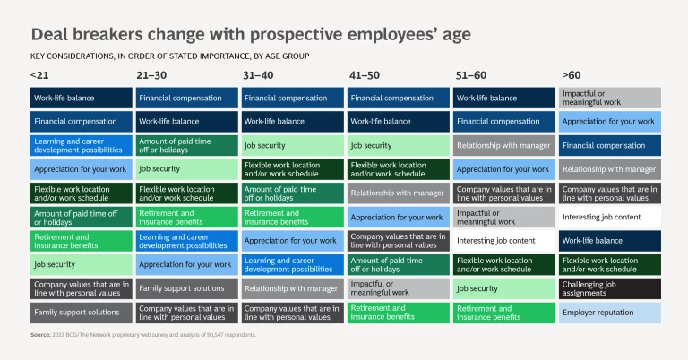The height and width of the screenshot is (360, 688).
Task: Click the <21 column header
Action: pos(39,75)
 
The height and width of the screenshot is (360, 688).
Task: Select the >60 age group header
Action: pos(571,75)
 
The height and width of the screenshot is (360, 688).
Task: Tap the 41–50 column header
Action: pos(363,75)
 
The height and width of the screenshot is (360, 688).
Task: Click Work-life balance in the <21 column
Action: pos(82,98)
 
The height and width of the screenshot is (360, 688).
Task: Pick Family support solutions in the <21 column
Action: pos(82,312)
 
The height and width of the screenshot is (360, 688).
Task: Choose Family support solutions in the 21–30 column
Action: pos(187,288)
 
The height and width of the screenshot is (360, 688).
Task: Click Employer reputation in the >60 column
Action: pos(610,312)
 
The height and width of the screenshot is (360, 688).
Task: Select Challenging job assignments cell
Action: pos(610,288)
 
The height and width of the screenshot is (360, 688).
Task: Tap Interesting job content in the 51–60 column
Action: pos(504,240)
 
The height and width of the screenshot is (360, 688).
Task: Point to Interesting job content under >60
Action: pos(610,217)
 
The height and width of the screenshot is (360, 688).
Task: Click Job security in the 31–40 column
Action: pos(293,145)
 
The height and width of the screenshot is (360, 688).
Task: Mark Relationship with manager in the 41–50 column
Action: pos(399,193)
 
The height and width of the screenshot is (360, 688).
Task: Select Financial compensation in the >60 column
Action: pos(610,145)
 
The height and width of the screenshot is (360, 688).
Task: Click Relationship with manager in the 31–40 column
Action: pos(293,288)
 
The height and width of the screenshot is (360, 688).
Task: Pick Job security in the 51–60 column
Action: pos(504,288)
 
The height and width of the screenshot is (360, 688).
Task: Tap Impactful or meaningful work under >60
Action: pos(610,98)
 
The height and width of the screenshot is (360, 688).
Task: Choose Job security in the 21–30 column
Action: pos(187,168)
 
